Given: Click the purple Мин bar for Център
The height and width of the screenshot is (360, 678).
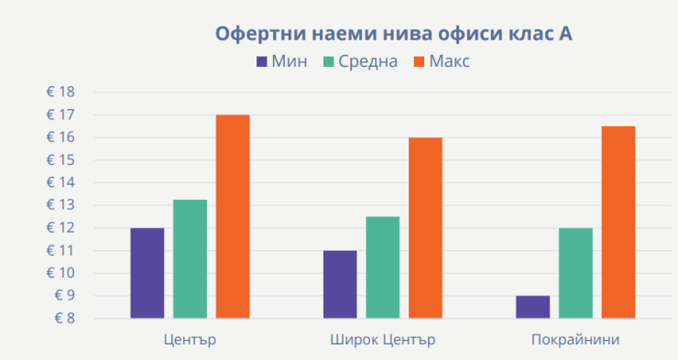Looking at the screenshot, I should point(147,273).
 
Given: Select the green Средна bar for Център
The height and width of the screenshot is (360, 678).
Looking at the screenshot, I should point(190,259).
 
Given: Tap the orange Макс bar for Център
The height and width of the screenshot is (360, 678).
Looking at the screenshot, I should point(233,216).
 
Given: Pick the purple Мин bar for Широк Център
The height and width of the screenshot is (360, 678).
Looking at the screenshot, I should point(340,284).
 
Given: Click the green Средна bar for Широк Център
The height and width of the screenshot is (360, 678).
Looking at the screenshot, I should point(382,267).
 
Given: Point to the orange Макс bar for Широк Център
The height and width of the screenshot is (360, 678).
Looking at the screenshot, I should point(425,228).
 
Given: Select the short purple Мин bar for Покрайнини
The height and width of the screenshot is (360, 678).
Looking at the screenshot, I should point(532,307).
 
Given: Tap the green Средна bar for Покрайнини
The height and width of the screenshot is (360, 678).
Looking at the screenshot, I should point(575,273).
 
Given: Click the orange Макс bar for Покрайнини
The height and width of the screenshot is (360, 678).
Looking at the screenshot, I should point(618,223).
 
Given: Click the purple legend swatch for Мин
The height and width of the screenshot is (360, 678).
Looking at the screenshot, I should point(261,62).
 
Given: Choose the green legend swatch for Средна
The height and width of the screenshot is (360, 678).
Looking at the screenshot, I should point(327,62).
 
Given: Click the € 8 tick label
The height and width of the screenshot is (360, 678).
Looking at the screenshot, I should point(64,319).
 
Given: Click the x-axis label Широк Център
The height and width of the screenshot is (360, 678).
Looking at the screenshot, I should point(382,340).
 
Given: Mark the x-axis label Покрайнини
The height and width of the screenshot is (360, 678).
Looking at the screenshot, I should point(575,340).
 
